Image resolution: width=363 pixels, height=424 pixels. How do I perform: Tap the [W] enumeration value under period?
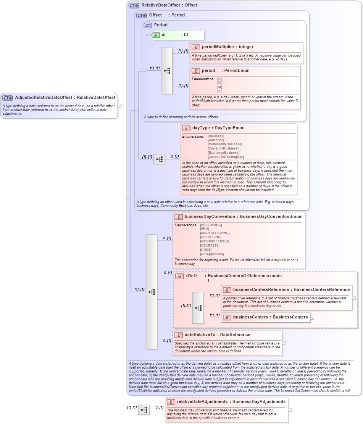click(x=219, y=83)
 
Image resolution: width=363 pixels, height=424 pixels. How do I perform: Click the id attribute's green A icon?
click(x=155, y=35)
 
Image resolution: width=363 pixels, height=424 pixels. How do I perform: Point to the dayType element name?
click(x=201, y=128)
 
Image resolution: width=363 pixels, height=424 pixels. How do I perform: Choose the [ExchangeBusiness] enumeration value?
click(x=223, y=153)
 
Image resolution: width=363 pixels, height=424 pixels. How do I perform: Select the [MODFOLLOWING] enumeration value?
click(x=215, y=233)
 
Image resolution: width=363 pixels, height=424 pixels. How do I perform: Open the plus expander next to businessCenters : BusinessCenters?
click(x=312, y=317)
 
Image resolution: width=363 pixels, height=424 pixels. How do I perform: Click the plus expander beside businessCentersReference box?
click(x=354, y=298)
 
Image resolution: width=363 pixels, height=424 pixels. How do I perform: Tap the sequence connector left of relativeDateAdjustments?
click(x=144, y=410)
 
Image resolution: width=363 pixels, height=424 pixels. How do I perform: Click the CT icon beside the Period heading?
click(x=148, y=25)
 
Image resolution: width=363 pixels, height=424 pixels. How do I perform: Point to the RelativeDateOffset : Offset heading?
click(x=169, y=5)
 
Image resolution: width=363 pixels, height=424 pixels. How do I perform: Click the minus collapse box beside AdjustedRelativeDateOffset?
click(x=119, y=106)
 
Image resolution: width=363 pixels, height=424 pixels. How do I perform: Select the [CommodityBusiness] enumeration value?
click(x=224, y=144)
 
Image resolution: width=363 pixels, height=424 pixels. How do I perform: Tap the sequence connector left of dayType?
click(x=159, y=159)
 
